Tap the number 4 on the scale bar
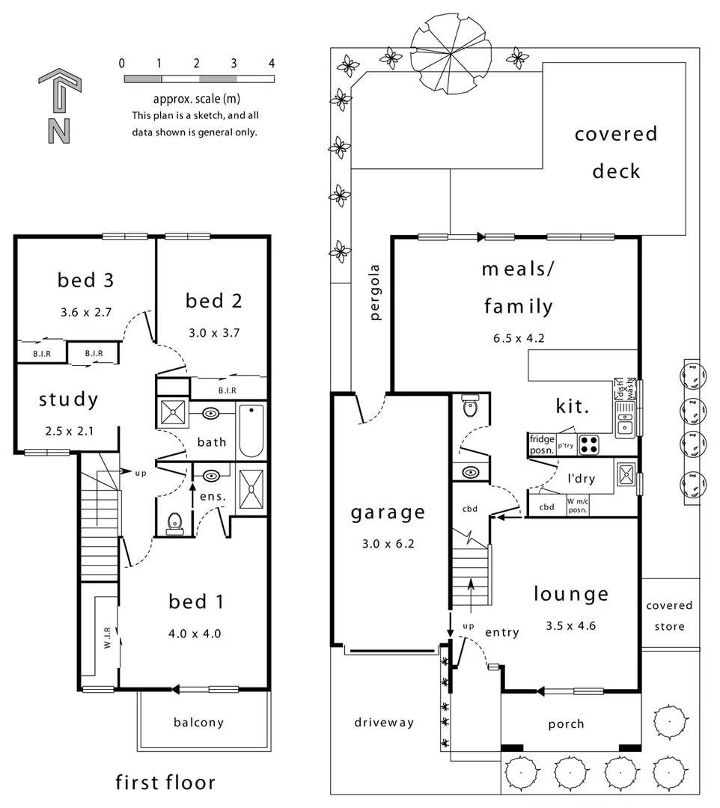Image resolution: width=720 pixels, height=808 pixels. coord(272,64)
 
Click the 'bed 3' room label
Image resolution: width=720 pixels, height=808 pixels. coord(86,281)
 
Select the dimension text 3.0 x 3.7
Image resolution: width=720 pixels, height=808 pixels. coord(214,333)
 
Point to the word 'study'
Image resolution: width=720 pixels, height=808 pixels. coord(68,400)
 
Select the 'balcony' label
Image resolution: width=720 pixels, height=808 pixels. coord(198,722)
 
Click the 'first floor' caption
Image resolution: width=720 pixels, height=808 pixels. coord(165,783)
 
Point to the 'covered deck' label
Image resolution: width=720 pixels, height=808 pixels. coord(616,153)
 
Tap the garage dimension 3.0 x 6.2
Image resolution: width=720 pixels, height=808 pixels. coord(388,544)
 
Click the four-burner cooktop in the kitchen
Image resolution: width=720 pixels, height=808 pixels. coord(590,444)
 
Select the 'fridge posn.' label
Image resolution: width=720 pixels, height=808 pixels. coord(541,445)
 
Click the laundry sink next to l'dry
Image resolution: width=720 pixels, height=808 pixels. coord(626,476)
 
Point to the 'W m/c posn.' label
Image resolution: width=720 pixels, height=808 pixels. coord(577,506)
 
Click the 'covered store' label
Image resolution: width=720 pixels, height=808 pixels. coord(669,616)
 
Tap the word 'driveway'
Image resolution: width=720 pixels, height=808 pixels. coord(383,722)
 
